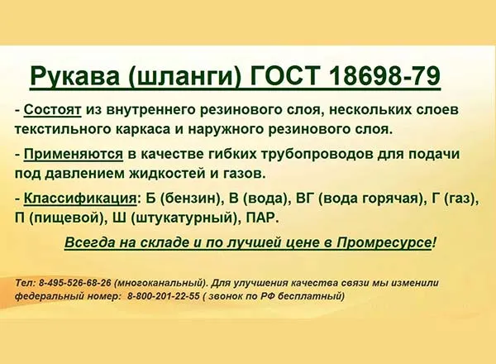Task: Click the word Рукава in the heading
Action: coord(75,76)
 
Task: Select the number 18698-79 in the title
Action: coord(384,76)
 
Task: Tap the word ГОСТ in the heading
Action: coord(284,76)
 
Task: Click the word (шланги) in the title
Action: coord(184,77)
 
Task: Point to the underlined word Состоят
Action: coord(53,110)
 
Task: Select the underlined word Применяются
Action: coord(74,155)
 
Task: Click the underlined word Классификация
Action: coord(80,199)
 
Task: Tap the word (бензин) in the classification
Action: coord(190,199)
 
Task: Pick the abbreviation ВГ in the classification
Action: coord(305,199)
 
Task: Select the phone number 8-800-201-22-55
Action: coord(164,296)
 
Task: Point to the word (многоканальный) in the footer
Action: coord(160,283)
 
